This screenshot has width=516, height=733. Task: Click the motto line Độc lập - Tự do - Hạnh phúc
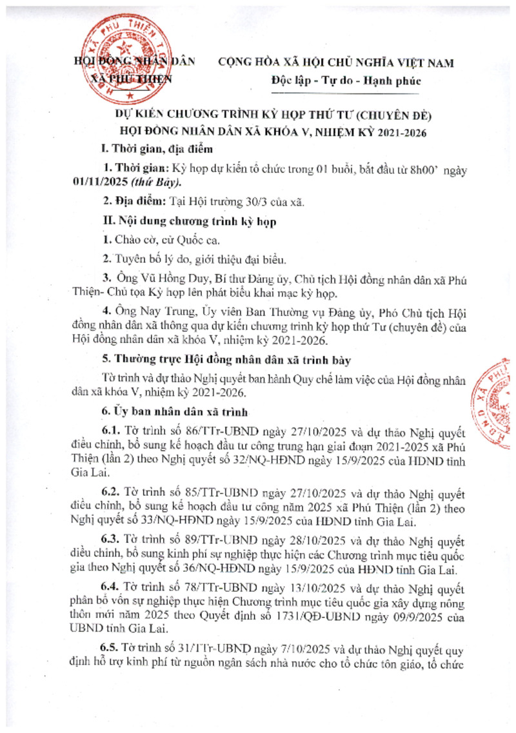coord(346,81)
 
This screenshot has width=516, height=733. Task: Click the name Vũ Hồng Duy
coord(168,277)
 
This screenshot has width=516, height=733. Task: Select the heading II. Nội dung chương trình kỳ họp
coord(190,221)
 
